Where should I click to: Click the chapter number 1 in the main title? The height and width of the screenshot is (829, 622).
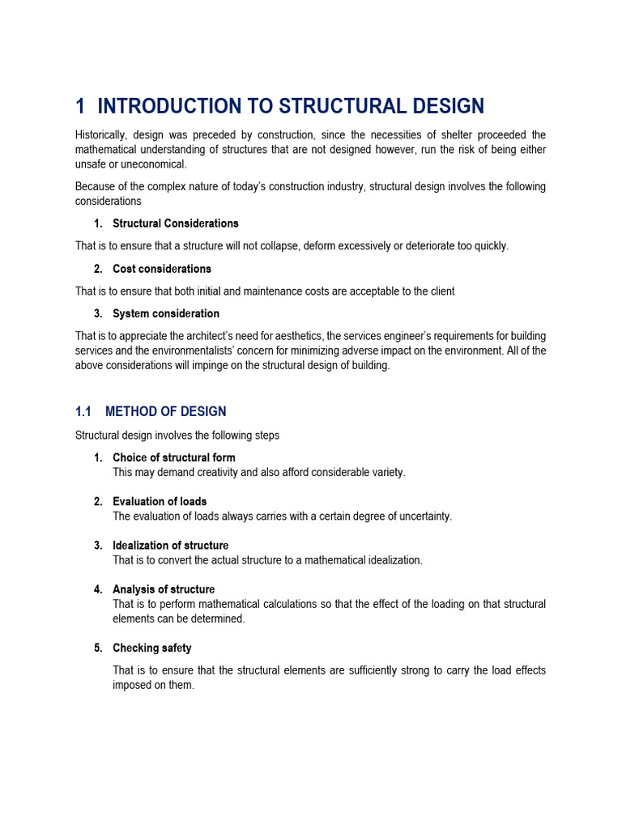click(79, 106)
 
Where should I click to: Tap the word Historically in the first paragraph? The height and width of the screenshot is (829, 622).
click(101, 134)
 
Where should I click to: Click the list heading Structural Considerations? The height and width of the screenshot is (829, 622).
click(175, 223)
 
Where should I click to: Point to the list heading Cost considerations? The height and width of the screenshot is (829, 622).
click(161, 269)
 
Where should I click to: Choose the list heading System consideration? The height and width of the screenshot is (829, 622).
click(165, 313)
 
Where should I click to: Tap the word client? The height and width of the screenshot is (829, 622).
click(441, 291)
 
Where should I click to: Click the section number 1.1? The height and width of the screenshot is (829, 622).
click(85, 411)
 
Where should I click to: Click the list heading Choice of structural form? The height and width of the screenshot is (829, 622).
click(173, 458)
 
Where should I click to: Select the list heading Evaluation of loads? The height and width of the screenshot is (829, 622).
click(160, 502)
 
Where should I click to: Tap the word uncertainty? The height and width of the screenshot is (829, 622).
click(421, 517)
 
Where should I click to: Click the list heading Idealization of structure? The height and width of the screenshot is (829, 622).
click(170, 546)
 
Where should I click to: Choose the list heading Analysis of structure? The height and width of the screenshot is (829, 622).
click(164, 589)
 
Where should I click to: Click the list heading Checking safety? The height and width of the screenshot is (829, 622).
click(151, 648)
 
